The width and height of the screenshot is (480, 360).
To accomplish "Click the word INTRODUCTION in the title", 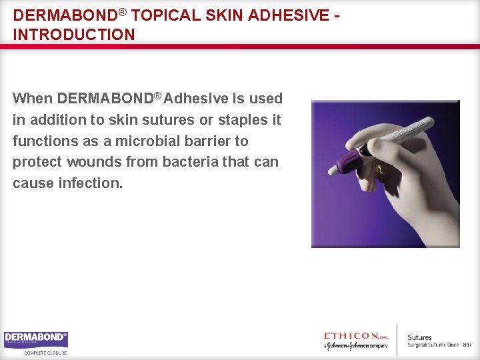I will [x=73, y=34].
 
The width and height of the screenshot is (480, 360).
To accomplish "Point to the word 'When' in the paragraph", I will [x=33, y=99].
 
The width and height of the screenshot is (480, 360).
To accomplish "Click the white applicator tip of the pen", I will [x=333, y=171].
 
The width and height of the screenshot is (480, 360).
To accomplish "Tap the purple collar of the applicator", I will [x=350, y=161].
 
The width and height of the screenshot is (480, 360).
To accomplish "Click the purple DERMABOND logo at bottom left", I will [x=36, y=340].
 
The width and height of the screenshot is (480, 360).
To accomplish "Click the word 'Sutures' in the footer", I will [x=419, y=337].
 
